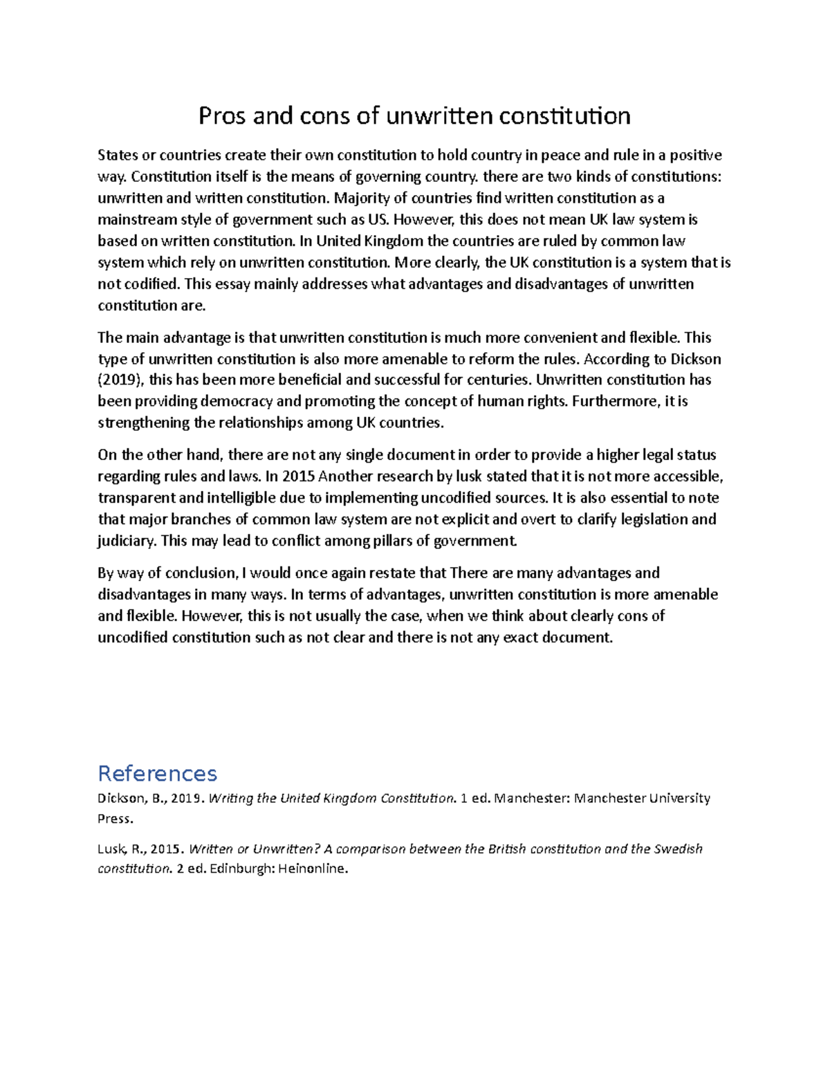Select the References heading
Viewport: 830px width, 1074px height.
click(x=158, y=773)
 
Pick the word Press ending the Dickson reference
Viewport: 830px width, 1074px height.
click(x=114, y=819)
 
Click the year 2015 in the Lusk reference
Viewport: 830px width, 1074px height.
click(x=163, y=849)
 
